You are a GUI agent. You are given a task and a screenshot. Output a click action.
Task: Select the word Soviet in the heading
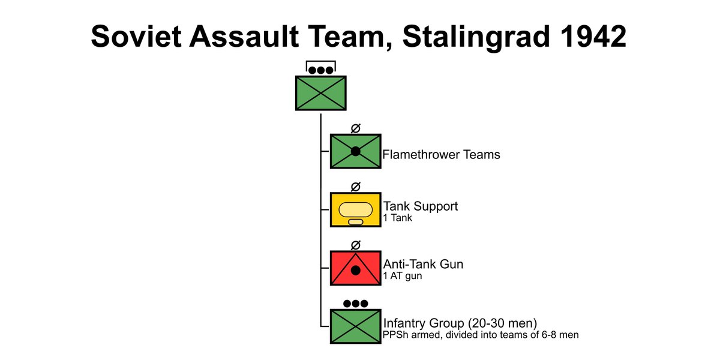click(136, 36)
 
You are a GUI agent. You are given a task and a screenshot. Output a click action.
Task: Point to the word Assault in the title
click(244, 36)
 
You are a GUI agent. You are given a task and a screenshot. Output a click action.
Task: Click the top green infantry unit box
click(321, 93)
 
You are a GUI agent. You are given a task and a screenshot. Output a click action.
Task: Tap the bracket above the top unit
click(321, 61)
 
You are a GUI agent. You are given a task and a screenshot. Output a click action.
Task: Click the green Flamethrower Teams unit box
click(355, 151)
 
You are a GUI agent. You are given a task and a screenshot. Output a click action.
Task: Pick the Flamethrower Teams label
click(441, 155)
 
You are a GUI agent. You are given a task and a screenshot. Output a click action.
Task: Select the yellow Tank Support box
click(355, 210)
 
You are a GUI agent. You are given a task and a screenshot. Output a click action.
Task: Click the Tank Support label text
click(421, 206)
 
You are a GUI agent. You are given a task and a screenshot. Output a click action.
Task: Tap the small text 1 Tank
click(397, 218)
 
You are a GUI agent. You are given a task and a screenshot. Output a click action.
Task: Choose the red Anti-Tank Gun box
click(355, 268)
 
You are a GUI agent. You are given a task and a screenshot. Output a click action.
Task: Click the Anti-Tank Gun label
click(423, 264)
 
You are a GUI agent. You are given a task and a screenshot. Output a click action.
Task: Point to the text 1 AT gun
click(403, 276)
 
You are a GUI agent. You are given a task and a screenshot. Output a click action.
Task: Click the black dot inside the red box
click(355, 271)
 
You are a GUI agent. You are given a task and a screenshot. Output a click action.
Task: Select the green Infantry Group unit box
click(355, 326)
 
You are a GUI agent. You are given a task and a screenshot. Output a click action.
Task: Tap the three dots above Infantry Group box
click(355, 304)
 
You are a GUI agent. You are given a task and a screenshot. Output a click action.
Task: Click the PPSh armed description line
click(481, 335)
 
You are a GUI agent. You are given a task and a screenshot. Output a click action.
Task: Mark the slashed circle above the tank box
click(355, 187)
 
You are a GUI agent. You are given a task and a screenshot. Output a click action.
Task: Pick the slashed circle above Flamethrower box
click(355, 128)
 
